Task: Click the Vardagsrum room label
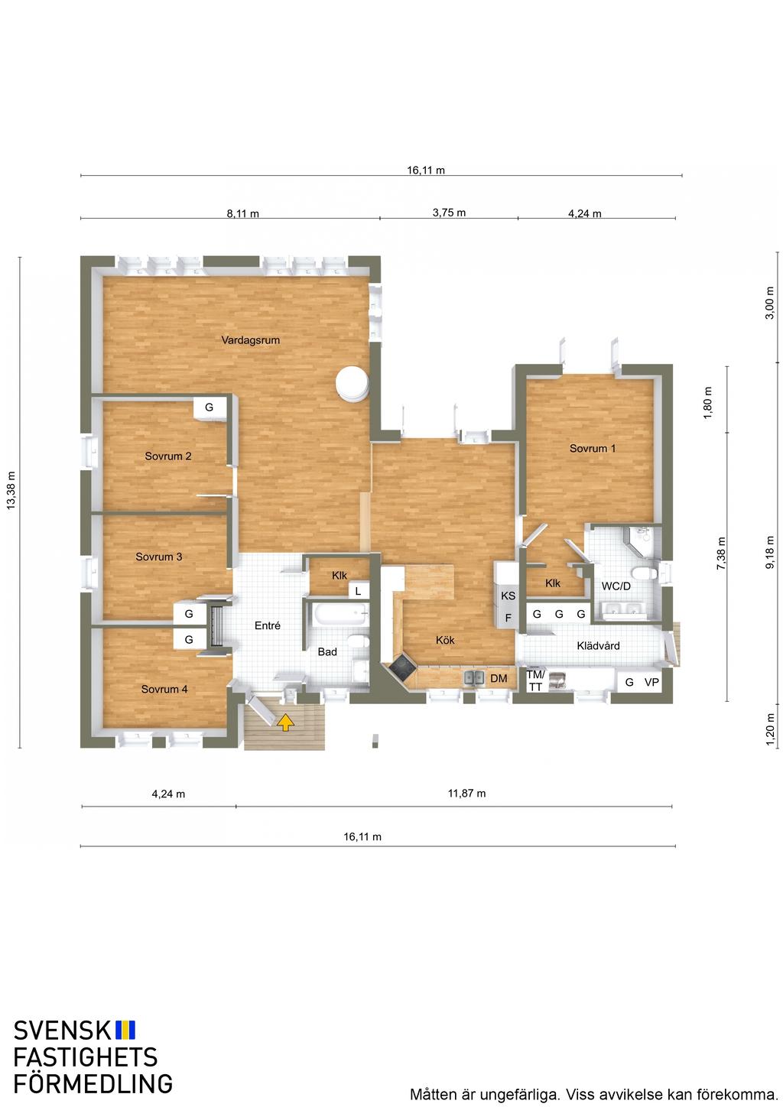click(x=250, y=340)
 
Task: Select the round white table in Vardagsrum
click(x=352, y=382)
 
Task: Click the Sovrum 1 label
click(x=592, y=448)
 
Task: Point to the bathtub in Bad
click(x=336, y=615)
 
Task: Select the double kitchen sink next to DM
click(x=473, y=678)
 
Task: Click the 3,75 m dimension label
click(x=449, y=213)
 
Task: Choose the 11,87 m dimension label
click(x=466, y=794)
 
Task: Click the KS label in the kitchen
click(x=508, y=596)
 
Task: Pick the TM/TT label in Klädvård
click(x=535, y=680)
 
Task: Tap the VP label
click(x=651, y=682)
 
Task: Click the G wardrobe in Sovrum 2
click(x=210, y=408)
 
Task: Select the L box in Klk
click(x=359, y=591)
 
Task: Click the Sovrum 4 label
click(x=164, y=689)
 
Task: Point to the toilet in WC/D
click(x=645, y=574)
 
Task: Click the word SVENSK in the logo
click(x=62, y=1031)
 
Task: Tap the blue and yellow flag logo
click(x=125, y=1030)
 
